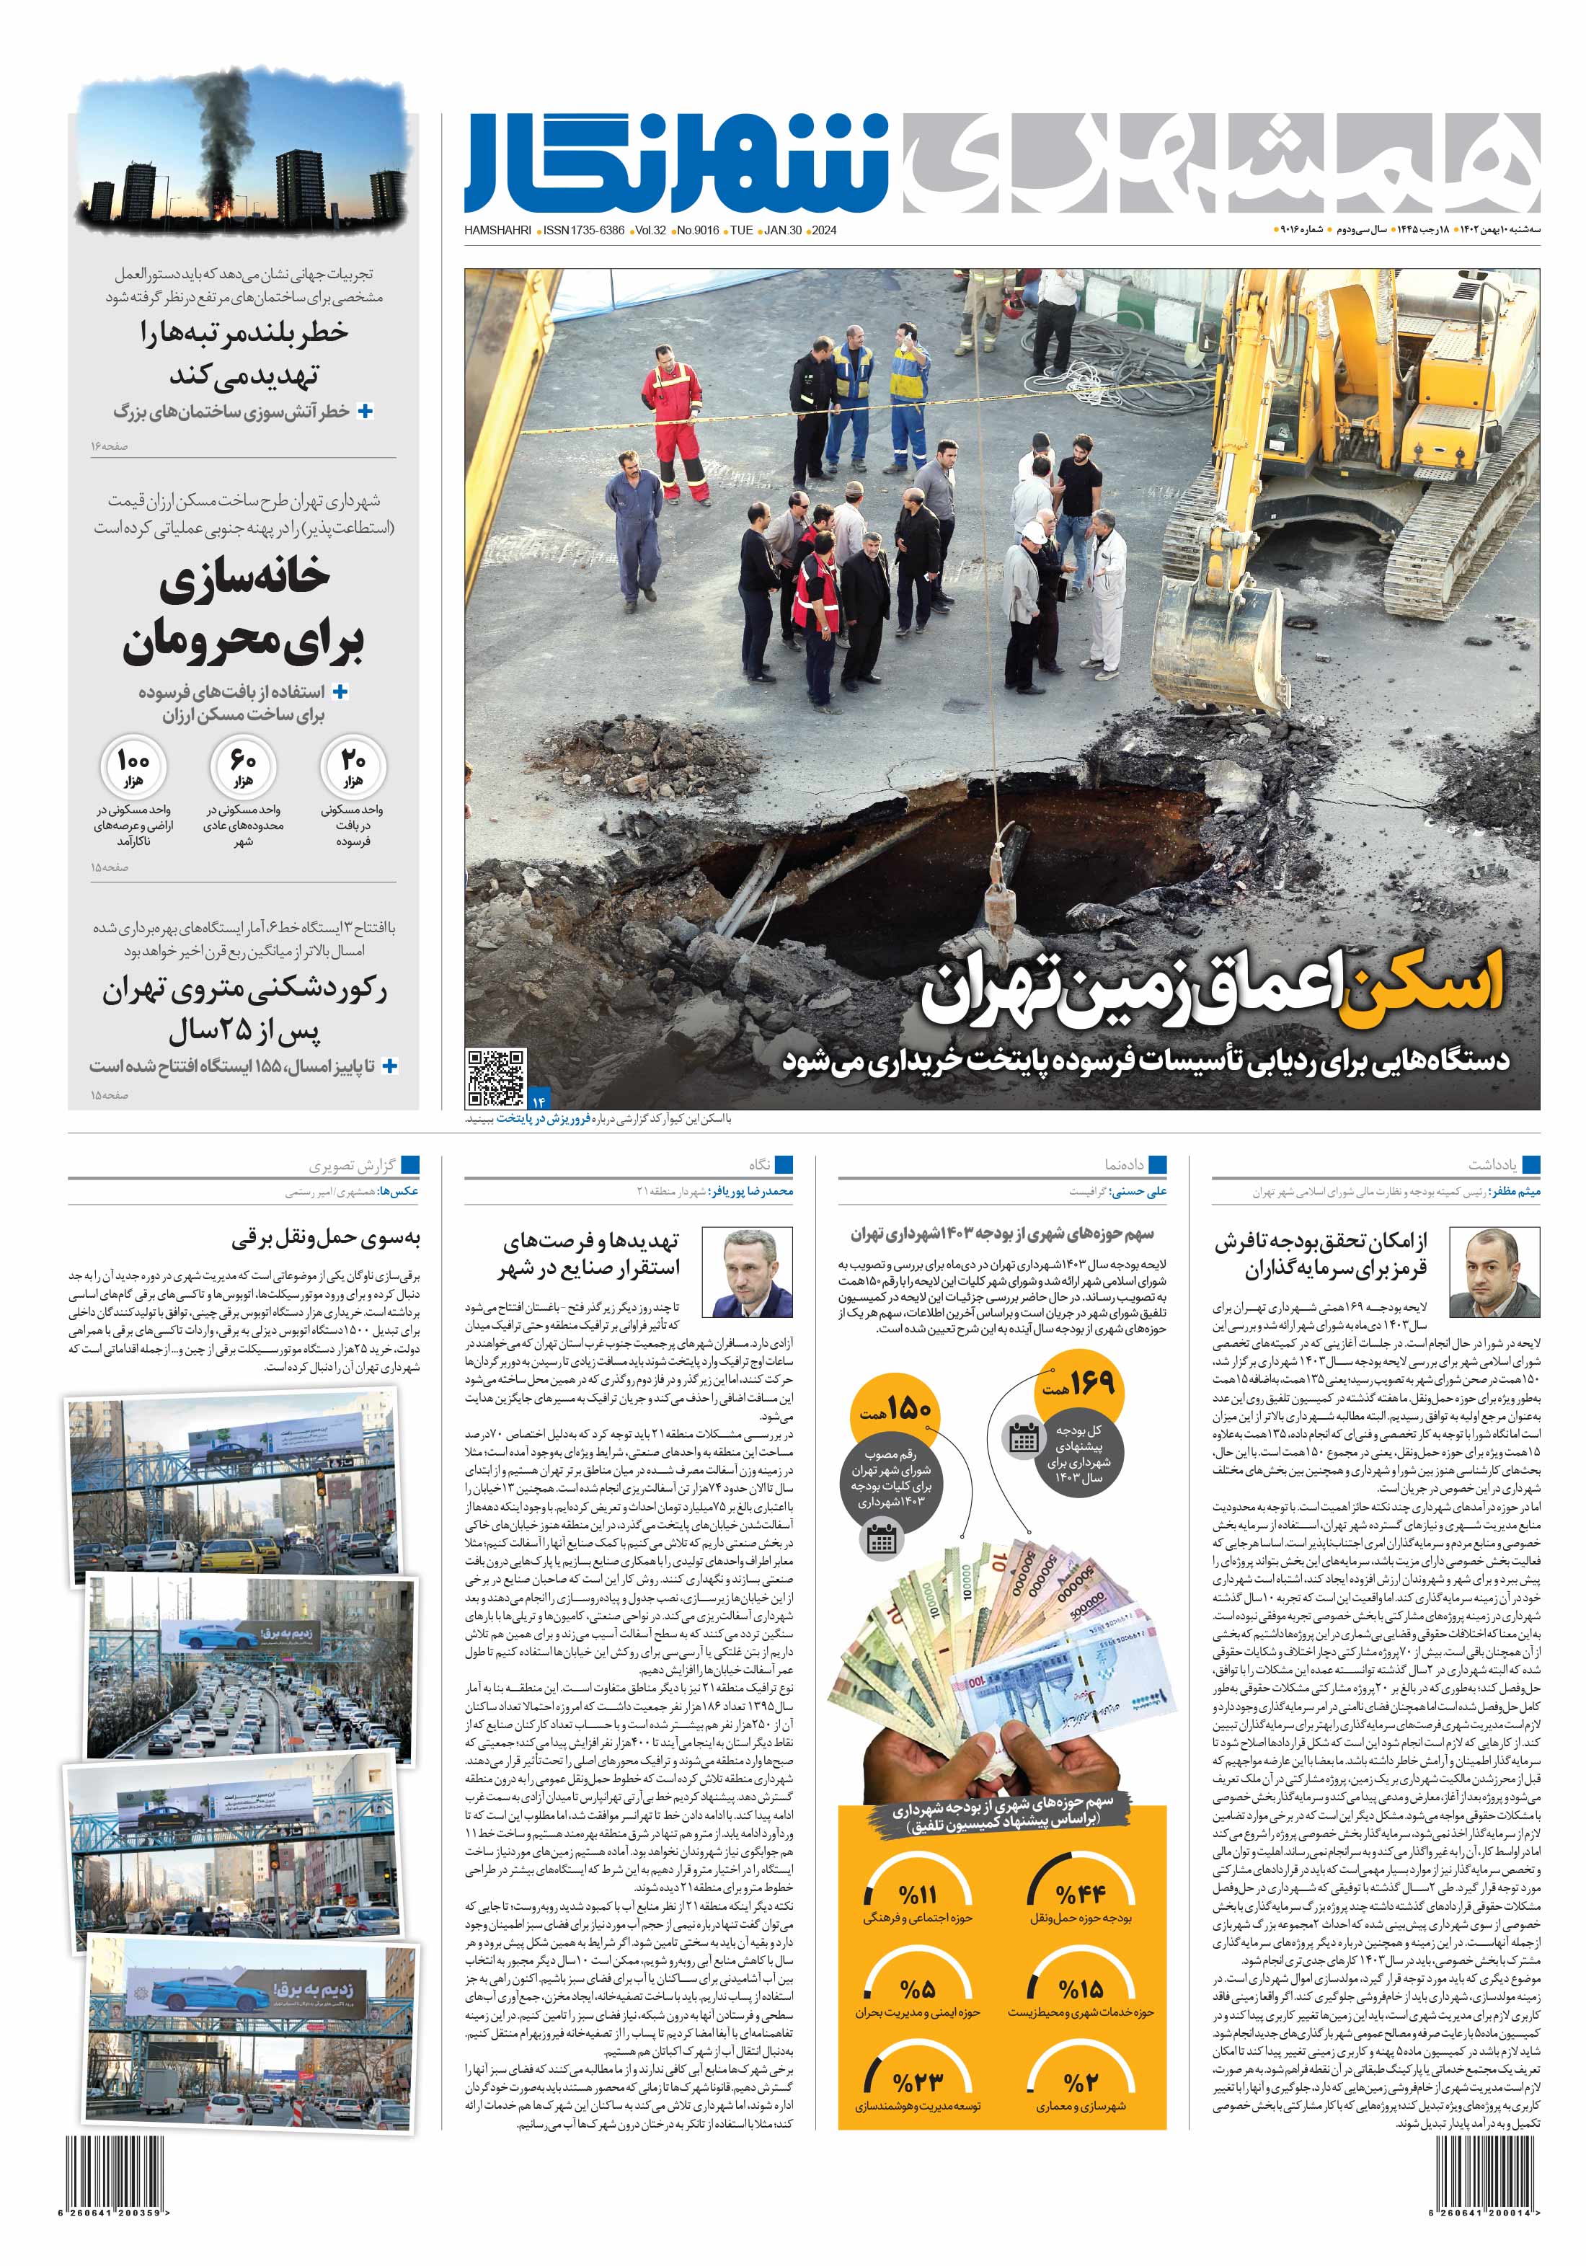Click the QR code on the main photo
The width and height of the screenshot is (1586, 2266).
tap(495, 1078)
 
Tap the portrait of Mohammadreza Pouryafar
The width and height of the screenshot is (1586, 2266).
tap(757, 1273)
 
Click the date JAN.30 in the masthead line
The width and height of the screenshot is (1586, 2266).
tap(781, 230)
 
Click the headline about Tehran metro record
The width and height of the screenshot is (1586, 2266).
tap(244, 1009)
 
